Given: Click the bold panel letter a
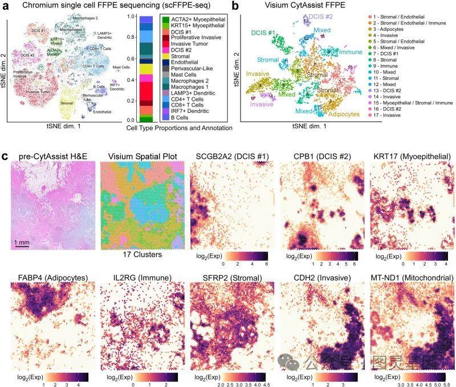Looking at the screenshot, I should click(x=7, y=6).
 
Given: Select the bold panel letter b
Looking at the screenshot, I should click(x=235, y=6).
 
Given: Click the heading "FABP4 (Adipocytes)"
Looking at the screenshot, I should click(x=50, y=278).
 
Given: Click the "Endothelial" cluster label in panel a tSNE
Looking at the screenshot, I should click(x=103, y=112).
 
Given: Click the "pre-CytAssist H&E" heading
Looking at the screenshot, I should click(x=50, y=156).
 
